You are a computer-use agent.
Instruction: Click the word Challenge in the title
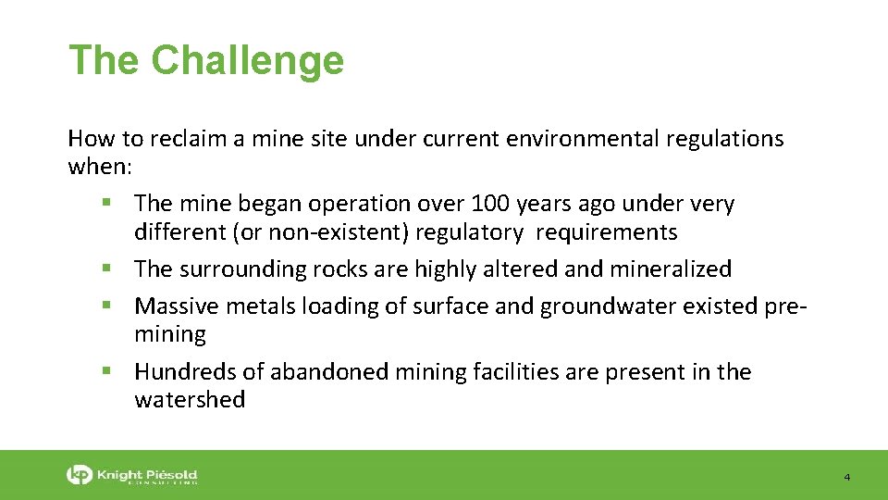(x=247, y=61)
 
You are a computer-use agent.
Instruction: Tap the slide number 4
(x=846, y=477)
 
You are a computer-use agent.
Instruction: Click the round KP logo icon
(x=80, y=475)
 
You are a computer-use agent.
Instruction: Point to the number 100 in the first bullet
(x=489, y=204)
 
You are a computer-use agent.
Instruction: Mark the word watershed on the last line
(x=190, y=400)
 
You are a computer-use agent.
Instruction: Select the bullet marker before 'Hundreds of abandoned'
(x=110, y=372)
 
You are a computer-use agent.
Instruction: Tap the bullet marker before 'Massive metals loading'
(x=110, y=306)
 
